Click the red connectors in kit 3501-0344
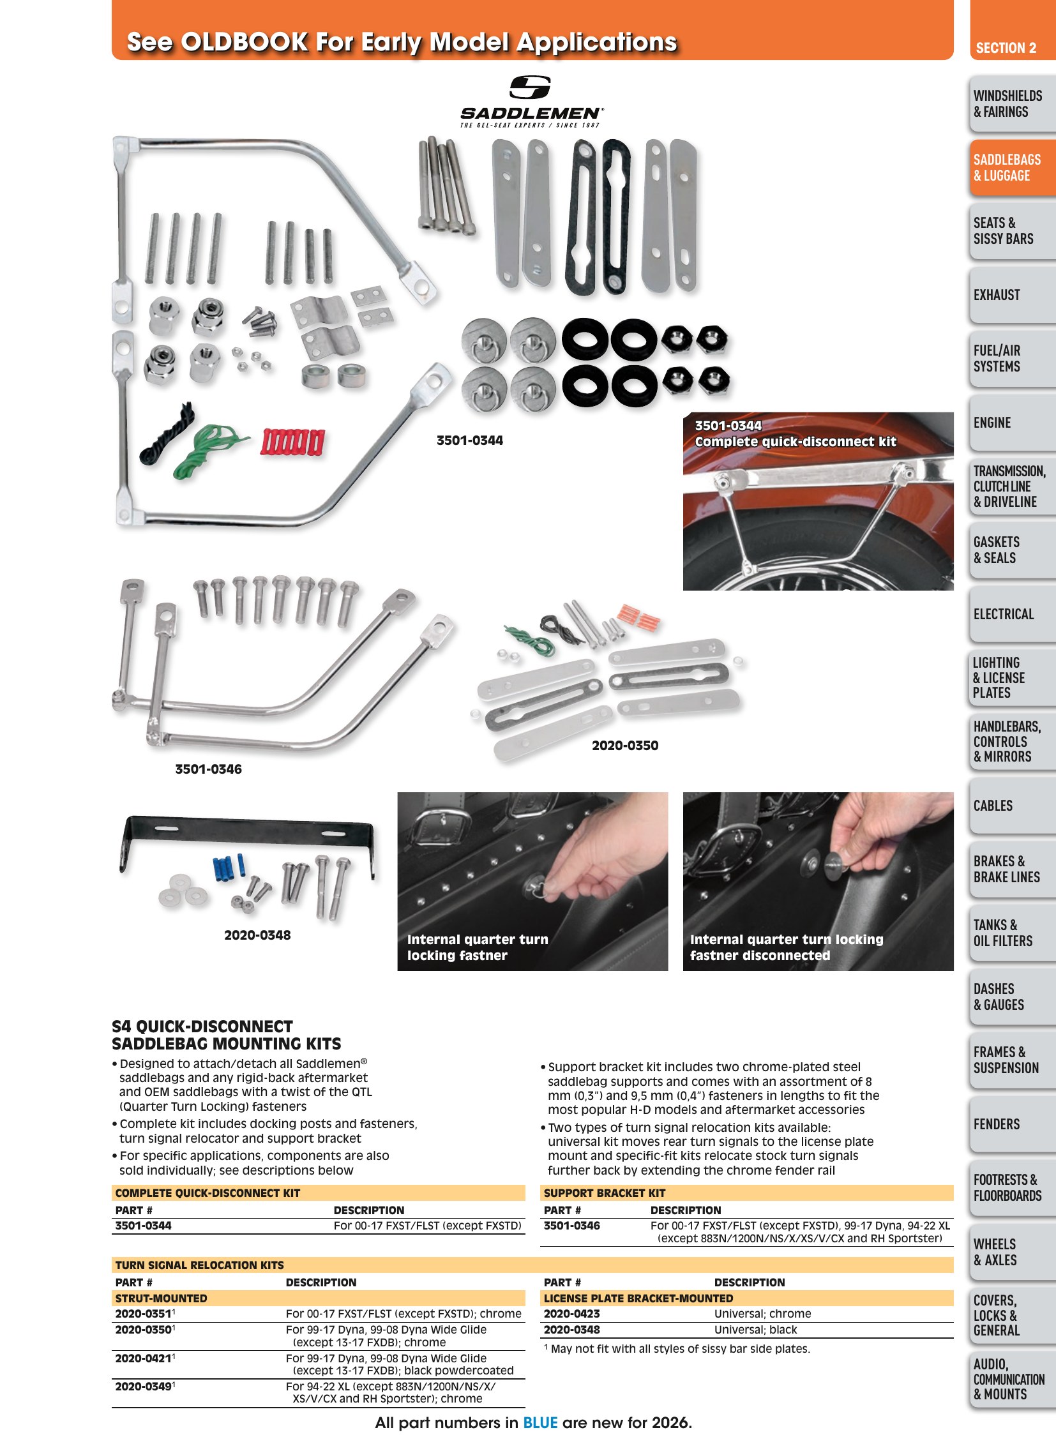[293, 442]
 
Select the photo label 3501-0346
[208, 769]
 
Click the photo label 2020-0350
[625, 746]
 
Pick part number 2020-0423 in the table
[572, 1314]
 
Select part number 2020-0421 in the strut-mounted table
[143, 1358]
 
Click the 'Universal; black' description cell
[755, 1330]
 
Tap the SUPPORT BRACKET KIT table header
[605, 1192]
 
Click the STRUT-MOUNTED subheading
[161, 1298]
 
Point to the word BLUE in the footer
[540, 1422]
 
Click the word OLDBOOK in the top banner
[245, 42]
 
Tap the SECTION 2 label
[1006, 48]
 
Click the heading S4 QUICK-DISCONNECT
[202, 1026]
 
